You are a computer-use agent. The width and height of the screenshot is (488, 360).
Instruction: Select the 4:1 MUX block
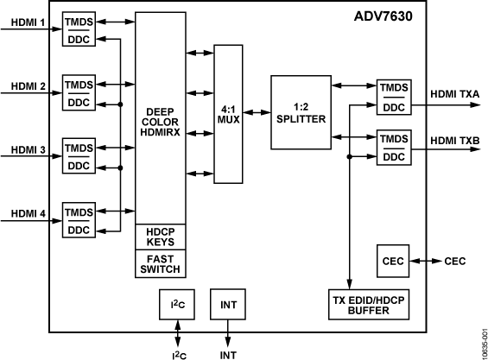[229, 113]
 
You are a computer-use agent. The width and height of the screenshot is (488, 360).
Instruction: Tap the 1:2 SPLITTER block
[301, 112]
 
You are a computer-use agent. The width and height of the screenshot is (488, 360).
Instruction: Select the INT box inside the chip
[228, 305]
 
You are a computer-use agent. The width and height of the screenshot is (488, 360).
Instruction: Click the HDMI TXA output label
[454, 92]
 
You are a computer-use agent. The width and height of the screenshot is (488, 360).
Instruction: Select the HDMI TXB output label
[454, 140]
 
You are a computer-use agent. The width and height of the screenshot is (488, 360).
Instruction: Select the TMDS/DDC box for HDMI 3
[79, 156]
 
